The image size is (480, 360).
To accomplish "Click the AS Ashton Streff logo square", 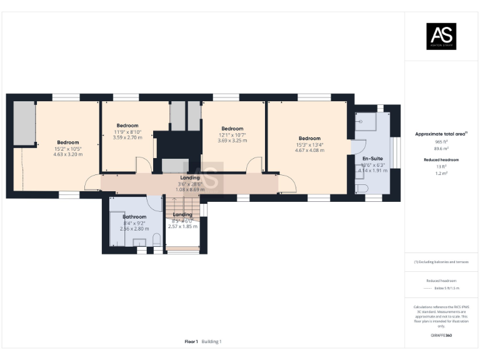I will [441, 36].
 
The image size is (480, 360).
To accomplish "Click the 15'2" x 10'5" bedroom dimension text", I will [68, 149].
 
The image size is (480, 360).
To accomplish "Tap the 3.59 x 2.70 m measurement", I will [127, 137].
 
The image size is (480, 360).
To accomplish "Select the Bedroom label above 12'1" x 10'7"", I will [232, 129].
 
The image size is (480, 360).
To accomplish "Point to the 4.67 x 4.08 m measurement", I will [310, 150].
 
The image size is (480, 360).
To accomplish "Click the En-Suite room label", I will [373, 159].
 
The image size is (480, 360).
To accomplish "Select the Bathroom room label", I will [134, 217].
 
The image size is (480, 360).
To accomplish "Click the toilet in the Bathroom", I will [156, 241].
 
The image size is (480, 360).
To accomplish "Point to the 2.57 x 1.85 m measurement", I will [182, 226].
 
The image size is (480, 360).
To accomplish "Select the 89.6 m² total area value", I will [441, 149].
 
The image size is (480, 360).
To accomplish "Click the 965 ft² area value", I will [441, 142].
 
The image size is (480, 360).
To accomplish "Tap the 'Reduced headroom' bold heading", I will [441, 160].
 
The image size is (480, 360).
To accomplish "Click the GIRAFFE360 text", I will [441, 336].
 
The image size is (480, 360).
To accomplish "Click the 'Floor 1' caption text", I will [191, 341].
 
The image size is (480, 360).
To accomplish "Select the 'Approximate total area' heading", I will [441, 134].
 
